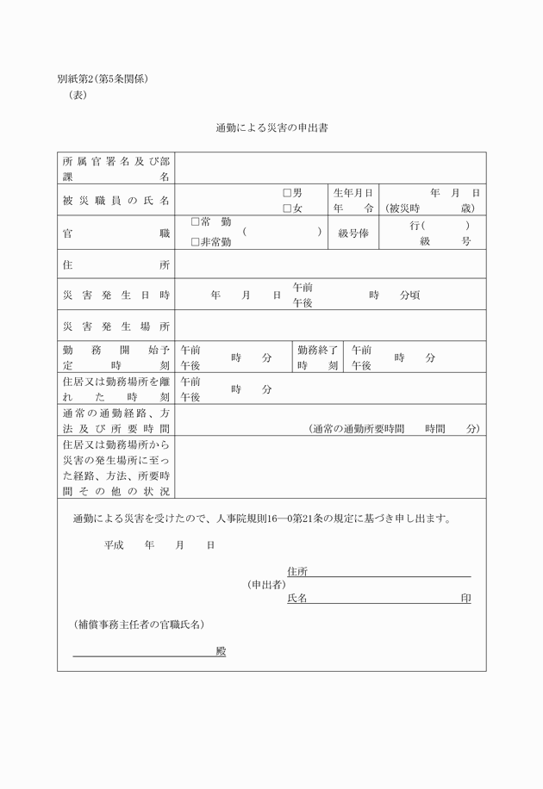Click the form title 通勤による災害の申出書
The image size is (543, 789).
click(x=271, y=128)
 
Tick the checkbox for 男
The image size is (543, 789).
click(x=287, y=193)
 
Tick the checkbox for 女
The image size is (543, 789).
click(x=287, y=208)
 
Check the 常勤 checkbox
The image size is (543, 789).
click(x=195, y=221)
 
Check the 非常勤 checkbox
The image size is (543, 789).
click(x=195, y=242)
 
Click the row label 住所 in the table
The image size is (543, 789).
click(x=115, y=264)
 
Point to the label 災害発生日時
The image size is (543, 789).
click(x=115, y=295)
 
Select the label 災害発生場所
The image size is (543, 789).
click(x=115, y=326)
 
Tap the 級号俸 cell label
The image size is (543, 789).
click(x=353, y=233)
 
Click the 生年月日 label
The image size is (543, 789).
click(x=353, y=193)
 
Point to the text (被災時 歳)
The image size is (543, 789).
click(x=431, y=208)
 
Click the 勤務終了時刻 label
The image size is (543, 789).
click(x=318, y=357)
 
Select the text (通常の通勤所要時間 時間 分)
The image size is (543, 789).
click(x=393, y=428)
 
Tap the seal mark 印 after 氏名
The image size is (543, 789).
click(x=465, y=598)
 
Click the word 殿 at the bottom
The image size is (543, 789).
click(x=221, y=651)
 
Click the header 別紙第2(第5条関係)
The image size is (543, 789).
click(x=103, y=79)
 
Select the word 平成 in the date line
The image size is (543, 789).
click(x=114, y=544)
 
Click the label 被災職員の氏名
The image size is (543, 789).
click(x=115, y=201)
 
